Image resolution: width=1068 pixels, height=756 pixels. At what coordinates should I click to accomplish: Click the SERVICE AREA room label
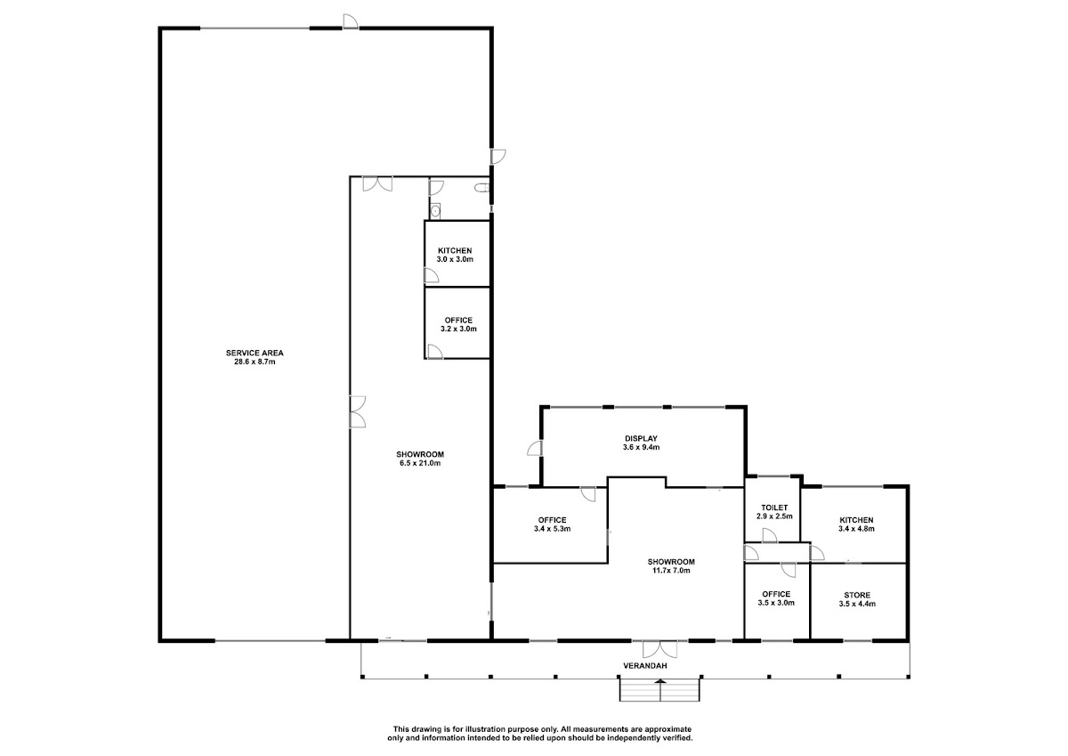click(255, 353)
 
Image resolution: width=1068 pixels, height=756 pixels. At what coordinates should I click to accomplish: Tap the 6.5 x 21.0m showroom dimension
click(420, 463)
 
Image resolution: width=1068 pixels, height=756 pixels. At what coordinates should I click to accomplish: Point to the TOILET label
click(774, 508)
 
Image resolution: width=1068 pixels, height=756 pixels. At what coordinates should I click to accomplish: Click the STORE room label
click(857, 595)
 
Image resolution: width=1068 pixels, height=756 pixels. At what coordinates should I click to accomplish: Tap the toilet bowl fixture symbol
click(482, 189)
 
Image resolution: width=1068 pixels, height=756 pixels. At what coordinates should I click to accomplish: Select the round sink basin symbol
click(435, 210)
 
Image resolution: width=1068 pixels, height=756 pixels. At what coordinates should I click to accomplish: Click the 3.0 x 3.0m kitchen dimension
click(455, 259)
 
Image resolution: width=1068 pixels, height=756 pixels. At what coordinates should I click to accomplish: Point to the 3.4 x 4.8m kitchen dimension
click(857, 528)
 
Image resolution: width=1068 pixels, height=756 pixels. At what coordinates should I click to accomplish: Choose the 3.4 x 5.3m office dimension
click(552, 528)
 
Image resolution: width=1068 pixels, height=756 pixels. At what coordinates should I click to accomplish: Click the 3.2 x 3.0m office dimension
click(458, 329)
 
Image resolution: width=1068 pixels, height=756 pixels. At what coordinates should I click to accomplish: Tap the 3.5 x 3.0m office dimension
click(776, 603)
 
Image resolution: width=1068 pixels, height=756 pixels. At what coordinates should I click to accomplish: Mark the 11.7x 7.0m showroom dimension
click(671, 570)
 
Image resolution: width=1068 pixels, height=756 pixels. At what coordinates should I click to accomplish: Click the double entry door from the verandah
click(659, 649)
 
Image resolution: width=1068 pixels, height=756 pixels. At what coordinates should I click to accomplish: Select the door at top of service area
click(351, 21)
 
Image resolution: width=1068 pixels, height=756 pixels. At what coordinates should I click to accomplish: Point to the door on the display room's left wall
click(535, 449)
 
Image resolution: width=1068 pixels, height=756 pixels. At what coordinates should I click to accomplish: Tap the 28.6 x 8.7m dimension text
click(255, 362)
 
